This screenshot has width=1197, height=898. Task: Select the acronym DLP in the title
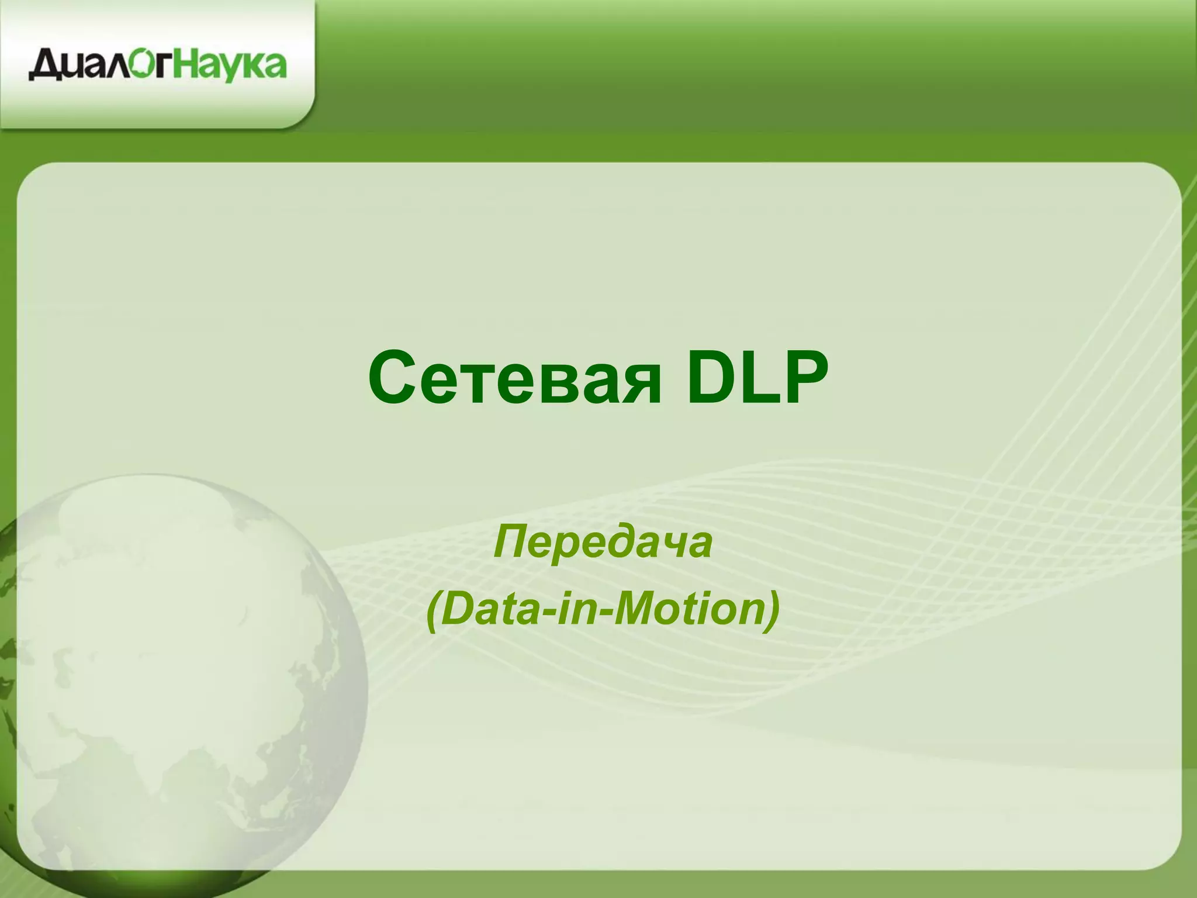coord(757,377)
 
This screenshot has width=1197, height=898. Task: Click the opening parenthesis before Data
coord(433,611)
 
